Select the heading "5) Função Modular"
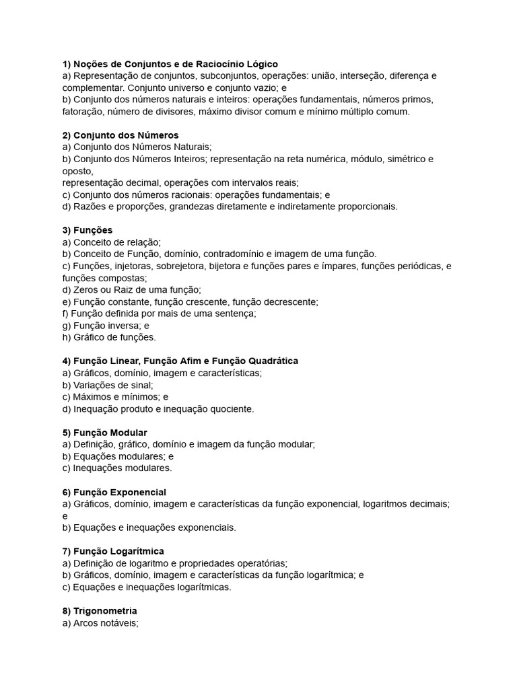(x=104, y=432)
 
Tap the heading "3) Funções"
(x=88, y=230)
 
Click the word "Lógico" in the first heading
(x=263, y=64)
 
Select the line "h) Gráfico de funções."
(x=108, y=337)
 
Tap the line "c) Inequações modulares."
(x=117, y=468)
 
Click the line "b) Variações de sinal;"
(x=108, y=385)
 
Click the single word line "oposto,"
(x=78, y=171)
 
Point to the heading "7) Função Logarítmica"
(x=113, y=551)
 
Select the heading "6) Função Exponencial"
(x=114, y=492)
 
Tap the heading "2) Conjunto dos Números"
(x=120, y=135)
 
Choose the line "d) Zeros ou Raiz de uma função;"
(x=131, y=289)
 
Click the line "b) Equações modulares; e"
(x=118, y=456)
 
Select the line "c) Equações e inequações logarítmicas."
(x=147, y=587)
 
